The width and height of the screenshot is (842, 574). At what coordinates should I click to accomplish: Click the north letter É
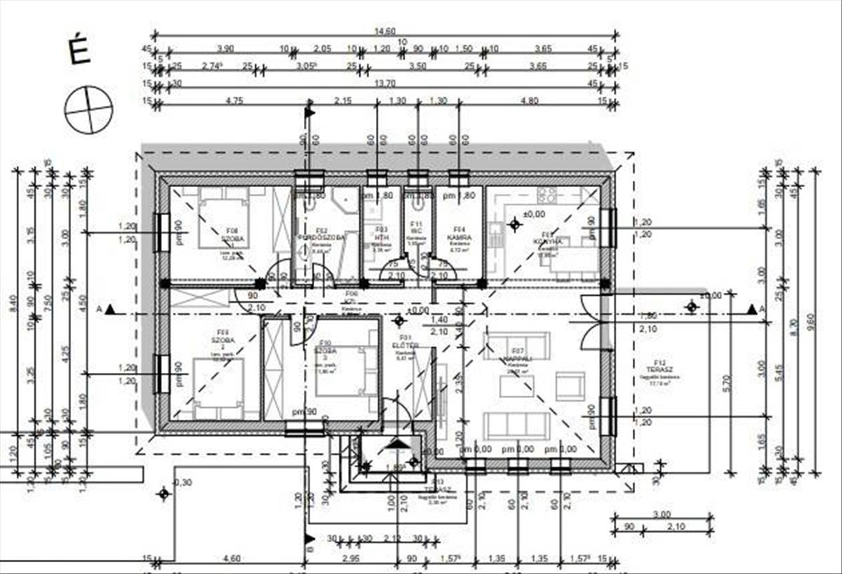tap(79, 51)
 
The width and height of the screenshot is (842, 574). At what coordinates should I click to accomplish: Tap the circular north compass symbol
tap(88, 109)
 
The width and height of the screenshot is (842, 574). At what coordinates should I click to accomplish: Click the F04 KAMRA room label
tap(460, 233)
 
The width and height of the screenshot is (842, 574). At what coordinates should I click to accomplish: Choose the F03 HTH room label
tap(381, 233)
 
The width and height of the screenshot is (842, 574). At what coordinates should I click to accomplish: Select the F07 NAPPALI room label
tap(519, 354)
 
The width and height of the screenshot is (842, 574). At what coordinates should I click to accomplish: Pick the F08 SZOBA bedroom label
tap(232, 234)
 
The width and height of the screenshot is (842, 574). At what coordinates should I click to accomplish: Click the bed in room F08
tap(223, 222)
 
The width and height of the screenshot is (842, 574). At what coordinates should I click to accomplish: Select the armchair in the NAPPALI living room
tap(570, 385)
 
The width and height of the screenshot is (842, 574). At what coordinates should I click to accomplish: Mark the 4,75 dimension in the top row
tap(232, 100)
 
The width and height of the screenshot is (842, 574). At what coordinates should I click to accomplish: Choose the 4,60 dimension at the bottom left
tap(232, 559)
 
